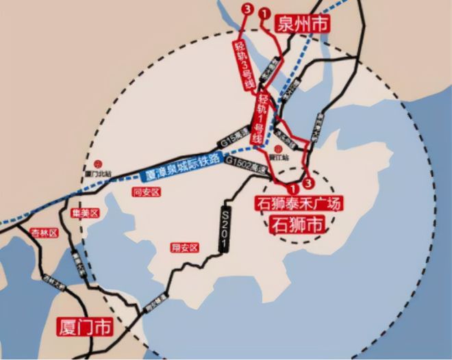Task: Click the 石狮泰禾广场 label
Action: [297, 203]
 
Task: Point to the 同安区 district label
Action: [146, 193]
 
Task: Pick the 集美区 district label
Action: [87, 213]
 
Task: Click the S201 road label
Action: [226, 229]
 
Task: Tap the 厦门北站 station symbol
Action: [98, 164]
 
